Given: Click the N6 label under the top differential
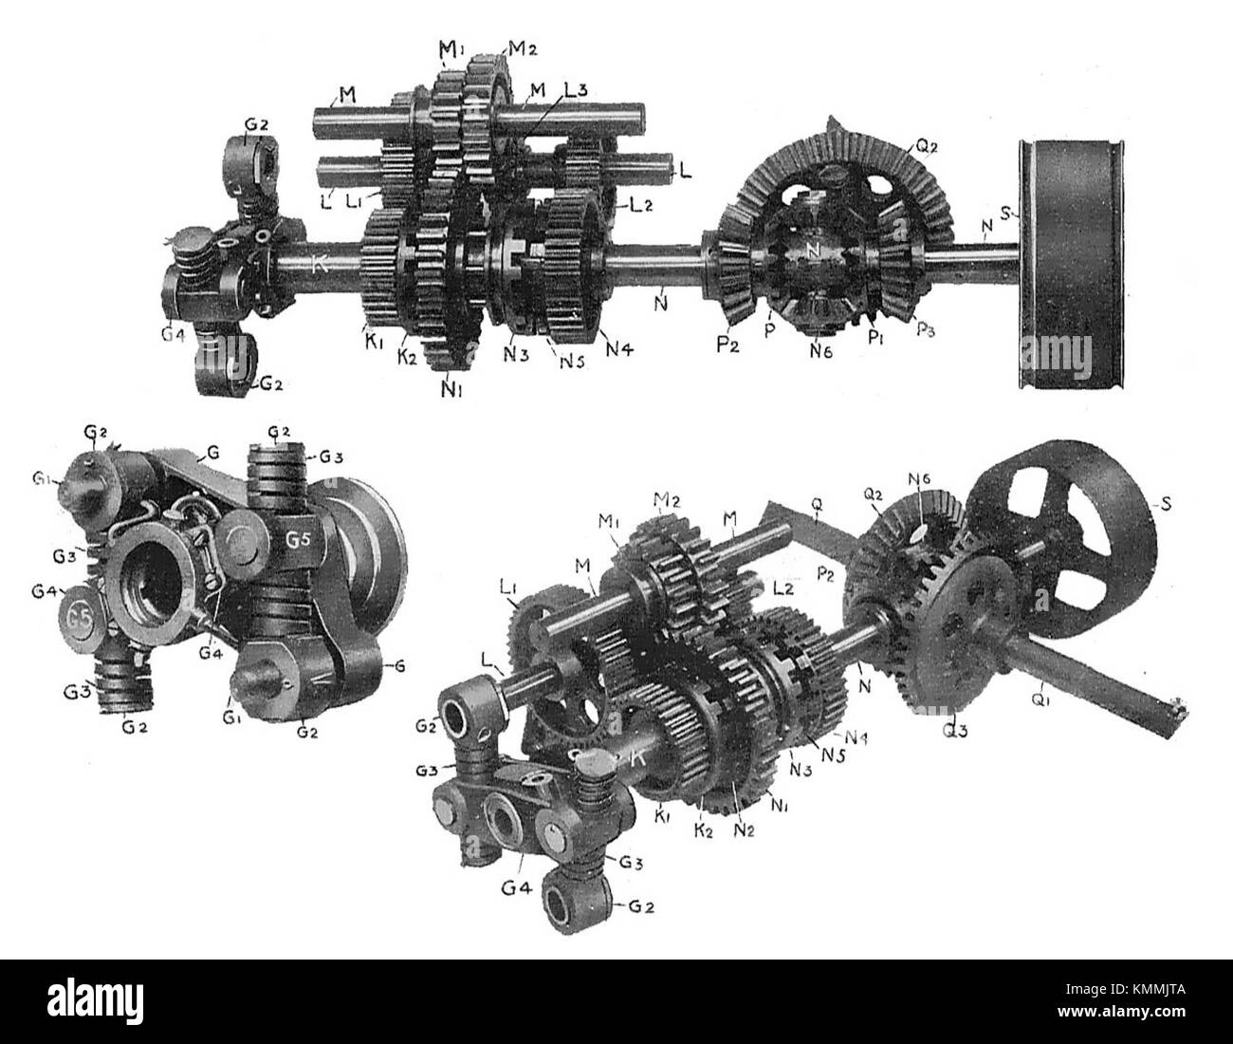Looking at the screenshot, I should tap(819, 348).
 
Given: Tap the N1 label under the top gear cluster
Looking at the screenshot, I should tap(452, 387).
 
